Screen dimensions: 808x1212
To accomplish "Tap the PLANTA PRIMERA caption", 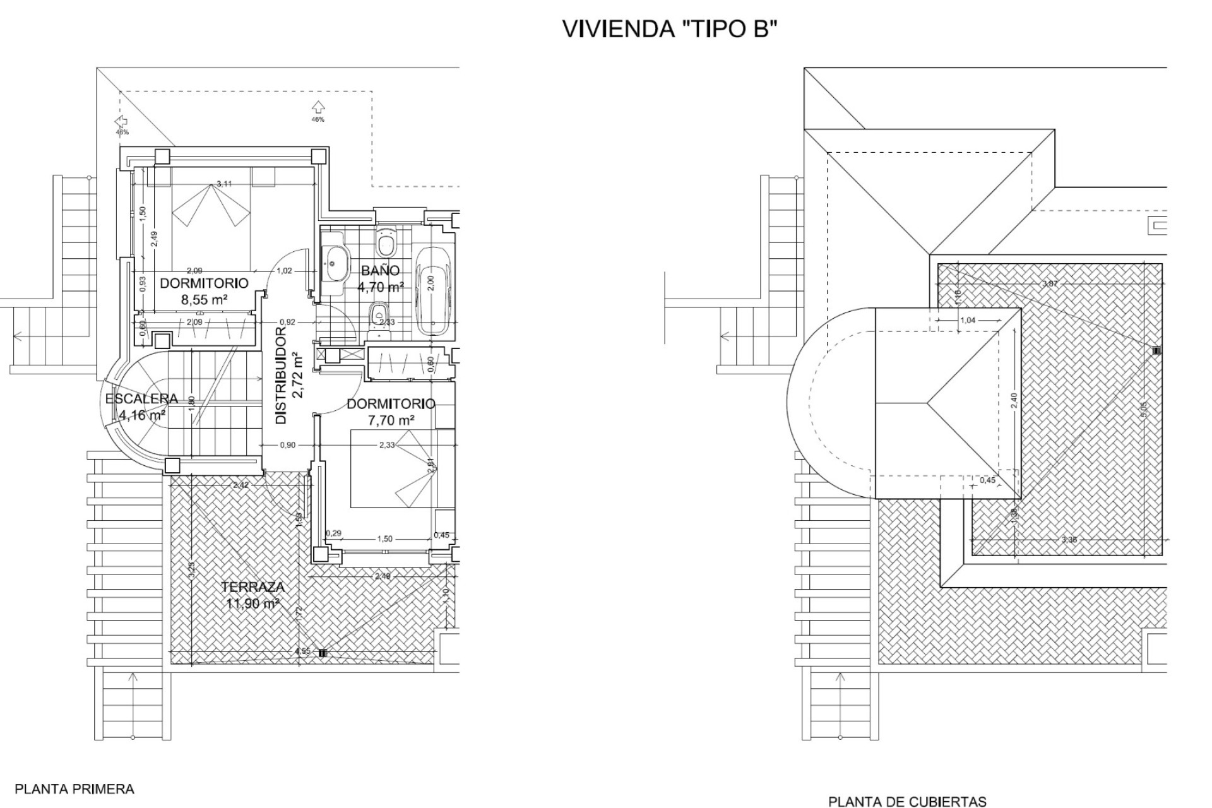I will click(x=74, y=788).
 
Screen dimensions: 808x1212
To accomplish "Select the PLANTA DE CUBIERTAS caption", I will click(x=907, y=802).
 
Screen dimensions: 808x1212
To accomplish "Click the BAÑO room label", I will click(x=380, y=271).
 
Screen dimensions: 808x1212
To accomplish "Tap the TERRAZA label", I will click(x=252, y=587).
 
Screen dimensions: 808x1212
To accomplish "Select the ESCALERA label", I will click(x=141, y=399).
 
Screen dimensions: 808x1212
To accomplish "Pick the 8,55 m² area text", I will click(x=204, y=300).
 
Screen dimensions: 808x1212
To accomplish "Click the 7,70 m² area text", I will click(x=391, y=419).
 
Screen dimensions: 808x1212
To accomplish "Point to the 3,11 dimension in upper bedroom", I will click(x=224, y=184).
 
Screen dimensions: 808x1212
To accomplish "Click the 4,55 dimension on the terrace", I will click(x=302, y=652).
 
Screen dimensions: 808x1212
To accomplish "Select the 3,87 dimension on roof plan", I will click(x=1050, y=283).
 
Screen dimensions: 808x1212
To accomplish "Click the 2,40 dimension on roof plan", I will click(x=1014, y=400).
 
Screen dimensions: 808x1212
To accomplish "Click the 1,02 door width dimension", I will click(x=285, y=271).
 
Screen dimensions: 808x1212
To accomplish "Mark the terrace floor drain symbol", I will click(x=323, y=653).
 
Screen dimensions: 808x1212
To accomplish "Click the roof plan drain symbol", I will click(x=1156, y=350).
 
